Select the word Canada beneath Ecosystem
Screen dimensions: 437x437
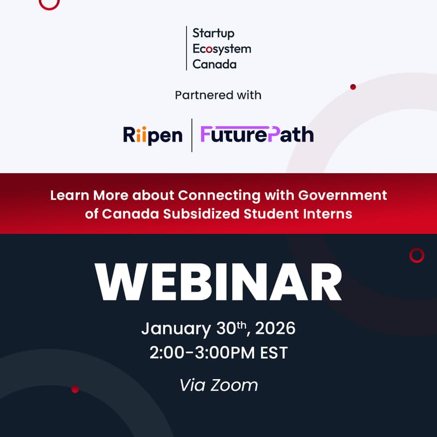pyautogui.click(x=215, y=64)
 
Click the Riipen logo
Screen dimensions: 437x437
pyautogui.click(x=152, y=134)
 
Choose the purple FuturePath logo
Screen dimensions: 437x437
pyautogui.click(x=257, y=134)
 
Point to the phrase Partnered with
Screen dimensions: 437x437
pyautogui.click(x=218, y=95)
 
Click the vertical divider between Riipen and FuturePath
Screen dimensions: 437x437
pyautogui.click(x=192, y=135)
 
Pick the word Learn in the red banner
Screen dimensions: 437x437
pyautogui.click(x=68, y=195)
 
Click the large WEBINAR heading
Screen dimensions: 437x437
pyautogui.click(x=218, y=282)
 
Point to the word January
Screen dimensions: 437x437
pyautogui.click(x=175, y=329)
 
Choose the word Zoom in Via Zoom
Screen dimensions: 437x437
pyautogui.click(x=234, y=385)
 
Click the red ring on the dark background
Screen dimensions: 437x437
pyautogui.click(x=417, y=255)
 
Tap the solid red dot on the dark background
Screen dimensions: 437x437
pyautogui.click(x=75, y=389)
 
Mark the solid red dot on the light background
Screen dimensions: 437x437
pyautogui.click(x=353, y=87)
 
